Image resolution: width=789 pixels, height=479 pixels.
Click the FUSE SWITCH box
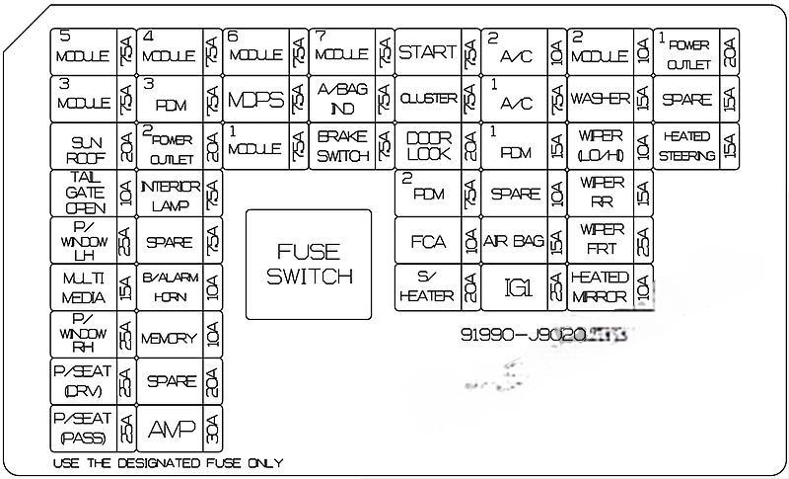click(x=308, y=264)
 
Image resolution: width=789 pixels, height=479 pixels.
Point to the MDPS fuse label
click(x=255, y=101)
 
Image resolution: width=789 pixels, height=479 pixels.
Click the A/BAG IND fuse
click(x=342, y=101)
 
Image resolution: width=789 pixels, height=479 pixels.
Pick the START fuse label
click(x=427, y=52)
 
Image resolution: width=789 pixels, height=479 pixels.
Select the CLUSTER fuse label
click(x=427, y=100)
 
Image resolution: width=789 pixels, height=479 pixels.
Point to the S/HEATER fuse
click(x=427, y=287)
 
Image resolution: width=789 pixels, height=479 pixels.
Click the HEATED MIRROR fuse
click(x=600, y=287)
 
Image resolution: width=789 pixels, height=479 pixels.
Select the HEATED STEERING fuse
click(x=686, y=147)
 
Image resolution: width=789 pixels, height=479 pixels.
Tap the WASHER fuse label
click(x=600, y=100)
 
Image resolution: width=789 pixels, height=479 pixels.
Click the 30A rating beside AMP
click(x=213, y=429)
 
